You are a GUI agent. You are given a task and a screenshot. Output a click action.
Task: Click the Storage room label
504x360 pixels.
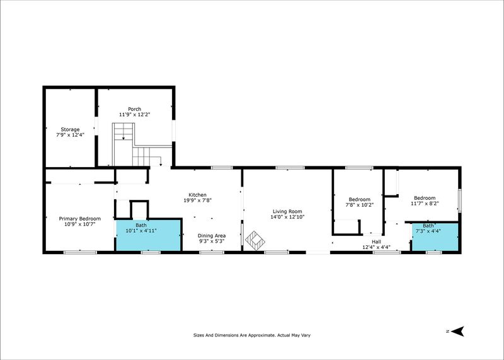coord(70,129)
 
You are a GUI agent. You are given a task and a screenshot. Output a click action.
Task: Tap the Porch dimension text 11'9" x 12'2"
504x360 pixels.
coord(135,114)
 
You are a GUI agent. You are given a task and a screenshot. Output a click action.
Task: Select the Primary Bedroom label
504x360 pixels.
coord(80,219)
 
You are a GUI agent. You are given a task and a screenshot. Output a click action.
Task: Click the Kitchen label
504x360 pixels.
coord(197,195)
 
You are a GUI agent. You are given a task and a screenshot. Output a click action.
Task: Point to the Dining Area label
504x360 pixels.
coord(212,236)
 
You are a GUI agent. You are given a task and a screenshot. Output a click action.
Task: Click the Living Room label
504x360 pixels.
coord(287,211)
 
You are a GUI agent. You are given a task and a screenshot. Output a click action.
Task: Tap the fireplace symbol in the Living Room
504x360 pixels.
coord(255,240)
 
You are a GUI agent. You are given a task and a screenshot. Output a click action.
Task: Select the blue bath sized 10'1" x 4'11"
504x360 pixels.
coord(148,235)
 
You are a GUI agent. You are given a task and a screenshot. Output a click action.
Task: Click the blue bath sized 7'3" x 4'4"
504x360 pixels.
coord(435,237)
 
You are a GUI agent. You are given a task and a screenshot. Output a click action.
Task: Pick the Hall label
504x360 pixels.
coord(376,241)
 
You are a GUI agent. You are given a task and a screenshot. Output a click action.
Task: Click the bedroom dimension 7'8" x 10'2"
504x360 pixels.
coord(360,205)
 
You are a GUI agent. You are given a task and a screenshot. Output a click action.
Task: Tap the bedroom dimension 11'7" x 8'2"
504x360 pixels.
coord(425,203)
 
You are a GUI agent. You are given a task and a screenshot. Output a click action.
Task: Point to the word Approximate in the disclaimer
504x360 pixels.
coord(261,335)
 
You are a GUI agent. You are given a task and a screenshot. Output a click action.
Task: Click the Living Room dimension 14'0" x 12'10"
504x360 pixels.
coord(287,217)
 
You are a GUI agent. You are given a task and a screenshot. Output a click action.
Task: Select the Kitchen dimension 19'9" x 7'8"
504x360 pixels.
coord(197,200)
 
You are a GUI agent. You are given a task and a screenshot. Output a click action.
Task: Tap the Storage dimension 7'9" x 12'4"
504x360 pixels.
coord(70,135)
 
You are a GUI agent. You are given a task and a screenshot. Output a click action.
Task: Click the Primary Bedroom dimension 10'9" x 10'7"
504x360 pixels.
coord(80,224)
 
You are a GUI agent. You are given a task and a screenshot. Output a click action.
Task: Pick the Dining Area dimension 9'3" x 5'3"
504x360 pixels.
coord(212,241)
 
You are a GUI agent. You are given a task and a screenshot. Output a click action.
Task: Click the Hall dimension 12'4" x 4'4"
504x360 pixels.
coord(376,247)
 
